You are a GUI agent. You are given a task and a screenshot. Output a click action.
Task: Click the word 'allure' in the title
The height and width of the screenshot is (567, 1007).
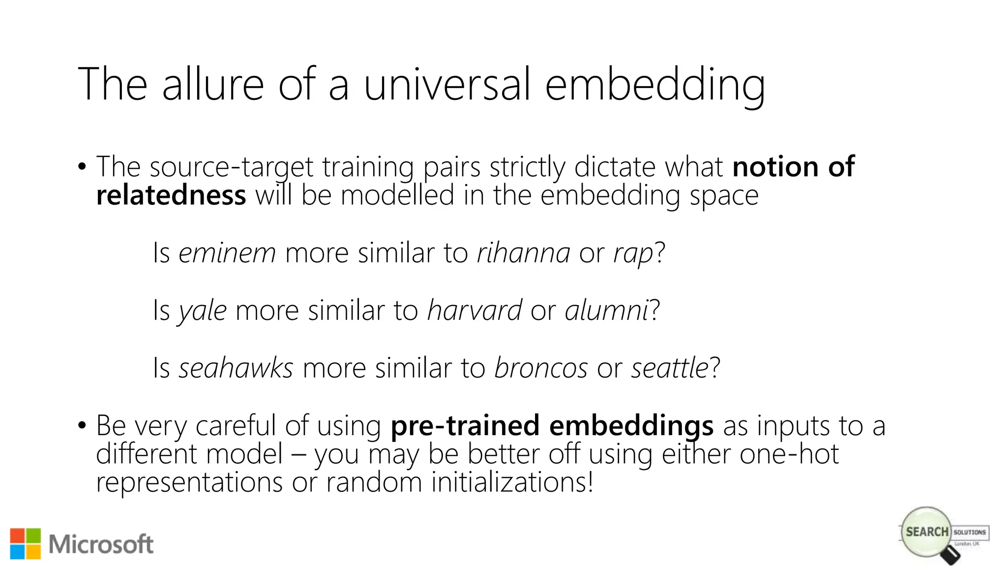tap(213, 84)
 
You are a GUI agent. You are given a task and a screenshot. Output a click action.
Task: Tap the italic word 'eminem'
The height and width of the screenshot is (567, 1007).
tap(227, 253)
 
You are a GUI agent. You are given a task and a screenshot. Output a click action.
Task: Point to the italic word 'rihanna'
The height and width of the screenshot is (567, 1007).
tap(523, 253)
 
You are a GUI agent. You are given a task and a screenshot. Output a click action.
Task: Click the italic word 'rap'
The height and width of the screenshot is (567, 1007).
tap(633, 254)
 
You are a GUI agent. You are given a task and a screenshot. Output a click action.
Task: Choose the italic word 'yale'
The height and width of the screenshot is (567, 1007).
tap(203, 311)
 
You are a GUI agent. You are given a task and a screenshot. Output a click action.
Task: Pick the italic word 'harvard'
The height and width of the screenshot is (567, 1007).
tap(474, 311)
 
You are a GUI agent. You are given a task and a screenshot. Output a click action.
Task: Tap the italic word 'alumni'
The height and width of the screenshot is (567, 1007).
tap(606, 311)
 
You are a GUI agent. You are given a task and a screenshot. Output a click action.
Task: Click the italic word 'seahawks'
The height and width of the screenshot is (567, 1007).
tap(236, 368)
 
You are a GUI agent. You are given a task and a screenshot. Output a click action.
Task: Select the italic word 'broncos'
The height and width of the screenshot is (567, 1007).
tap(541, 368)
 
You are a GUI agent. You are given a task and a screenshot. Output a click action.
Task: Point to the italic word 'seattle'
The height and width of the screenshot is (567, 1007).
tap(670, 368)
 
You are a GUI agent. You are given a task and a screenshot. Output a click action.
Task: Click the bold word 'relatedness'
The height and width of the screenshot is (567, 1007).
tap(171, 195)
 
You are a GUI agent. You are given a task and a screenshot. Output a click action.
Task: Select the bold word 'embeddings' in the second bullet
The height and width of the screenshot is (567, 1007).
tap(631, 426)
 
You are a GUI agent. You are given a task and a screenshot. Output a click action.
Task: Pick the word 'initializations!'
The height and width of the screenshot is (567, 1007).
tap(512, 482)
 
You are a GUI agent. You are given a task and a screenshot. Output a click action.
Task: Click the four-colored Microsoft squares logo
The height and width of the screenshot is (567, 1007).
tap(25, 544)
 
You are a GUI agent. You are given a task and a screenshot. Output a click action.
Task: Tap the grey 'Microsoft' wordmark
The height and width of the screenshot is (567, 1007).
tap(101, 544)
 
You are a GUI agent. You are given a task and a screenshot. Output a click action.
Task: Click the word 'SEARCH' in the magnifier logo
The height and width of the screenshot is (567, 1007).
tap(927, 532)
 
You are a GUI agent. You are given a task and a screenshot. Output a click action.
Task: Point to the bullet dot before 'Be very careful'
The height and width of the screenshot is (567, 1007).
tap(82, 425)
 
